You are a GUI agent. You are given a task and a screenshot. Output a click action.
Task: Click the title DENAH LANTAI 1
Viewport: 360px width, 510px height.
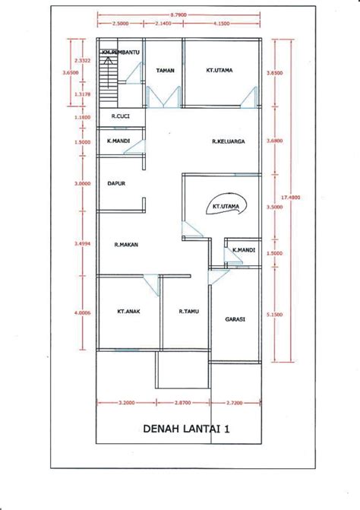(x=186, y=428)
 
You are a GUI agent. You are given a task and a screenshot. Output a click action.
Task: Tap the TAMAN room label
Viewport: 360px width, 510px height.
(x=166, y=71)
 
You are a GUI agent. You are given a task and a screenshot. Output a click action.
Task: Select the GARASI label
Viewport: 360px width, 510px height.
(x=235, y=319)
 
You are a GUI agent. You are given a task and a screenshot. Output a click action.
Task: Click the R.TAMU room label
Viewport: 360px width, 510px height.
(x=188, y=311)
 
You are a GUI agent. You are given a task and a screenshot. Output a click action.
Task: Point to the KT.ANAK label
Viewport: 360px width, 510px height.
(x=127, y=311)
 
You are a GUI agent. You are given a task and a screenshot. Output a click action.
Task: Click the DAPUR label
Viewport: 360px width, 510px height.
(x=115, y=183)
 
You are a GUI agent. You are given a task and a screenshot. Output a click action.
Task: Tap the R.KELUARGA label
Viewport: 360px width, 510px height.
(x=227, y=141)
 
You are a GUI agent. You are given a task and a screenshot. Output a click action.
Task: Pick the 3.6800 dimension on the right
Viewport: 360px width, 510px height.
(x=274, y=141)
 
